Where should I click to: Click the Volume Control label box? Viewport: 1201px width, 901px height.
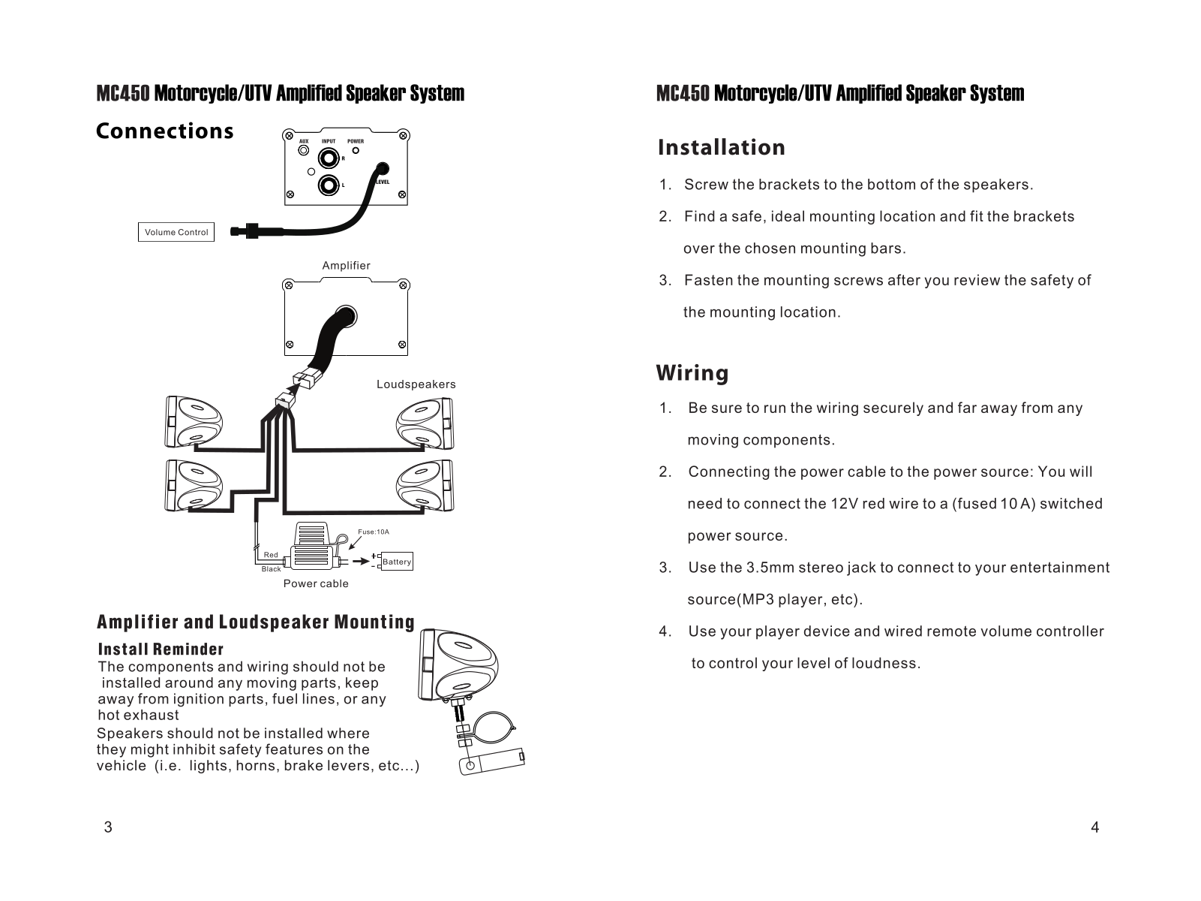(176, 232)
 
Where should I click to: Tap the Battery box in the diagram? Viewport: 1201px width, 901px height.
(397, 562)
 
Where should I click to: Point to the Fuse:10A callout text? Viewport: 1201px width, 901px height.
(374, 532)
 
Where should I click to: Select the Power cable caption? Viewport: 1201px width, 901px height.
(316, 583)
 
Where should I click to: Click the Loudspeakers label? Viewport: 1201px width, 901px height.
(416, 384)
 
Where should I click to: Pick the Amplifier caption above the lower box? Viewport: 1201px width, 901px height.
(346, 266)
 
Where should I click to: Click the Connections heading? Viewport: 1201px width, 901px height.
(165, 131)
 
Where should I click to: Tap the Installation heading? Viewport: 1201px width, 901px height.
(721, 147)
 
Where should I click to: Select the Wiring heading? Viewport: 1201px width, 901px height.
(692, 373)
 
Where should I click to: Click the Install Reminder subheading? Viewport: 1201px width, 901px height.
(161, 649)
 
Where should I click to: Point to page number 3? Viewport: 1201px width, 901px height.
(108, 827)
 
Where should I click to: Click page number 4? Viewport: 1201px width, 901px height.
(1095, 827)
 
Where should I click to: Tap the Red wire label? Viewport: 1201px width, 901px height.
(271, 555)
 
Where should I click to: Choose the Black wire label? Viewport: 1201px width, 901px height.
(271, 569)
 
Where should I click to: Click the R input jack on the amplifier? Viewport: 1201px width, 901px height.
(328, 158)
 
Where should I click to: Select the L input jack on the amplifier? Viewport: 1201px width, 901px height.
(328, 185)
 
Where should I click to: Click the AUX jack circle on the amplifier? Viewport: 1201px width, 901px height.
(304, 150)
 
